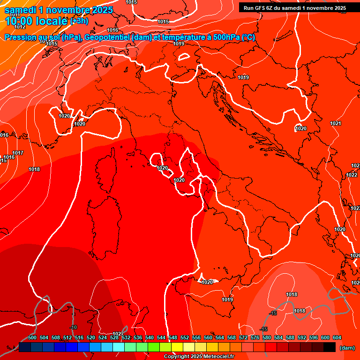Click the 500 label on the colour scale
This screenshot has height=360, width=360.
point(32,337)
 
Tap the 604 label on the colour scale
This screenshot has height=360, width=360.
point(337,337)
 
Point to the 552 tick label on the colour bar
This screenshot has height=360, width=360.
point(185,337)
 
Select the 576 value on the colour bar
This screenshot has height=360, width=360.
point(255,337)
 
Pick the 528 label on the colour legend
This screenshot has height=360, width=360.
point(114,337)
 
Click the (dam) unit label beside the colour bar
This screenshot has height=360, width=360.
point(347,347)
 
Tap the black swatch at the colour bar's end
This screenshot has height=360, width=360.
point(330,347)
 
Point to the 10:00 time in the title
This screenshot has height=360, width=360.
point(17,21)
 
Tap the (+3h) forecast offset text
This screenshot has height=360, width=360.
point(78,21)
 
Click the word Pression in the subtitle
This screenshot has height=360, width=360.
point(21,37)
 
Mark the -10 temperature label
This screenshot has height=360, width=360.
point(73,327)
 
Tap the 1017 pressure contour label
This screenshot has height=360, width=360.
point(18,153)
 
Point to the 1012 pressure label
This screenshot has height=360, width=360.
point(20,27)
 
